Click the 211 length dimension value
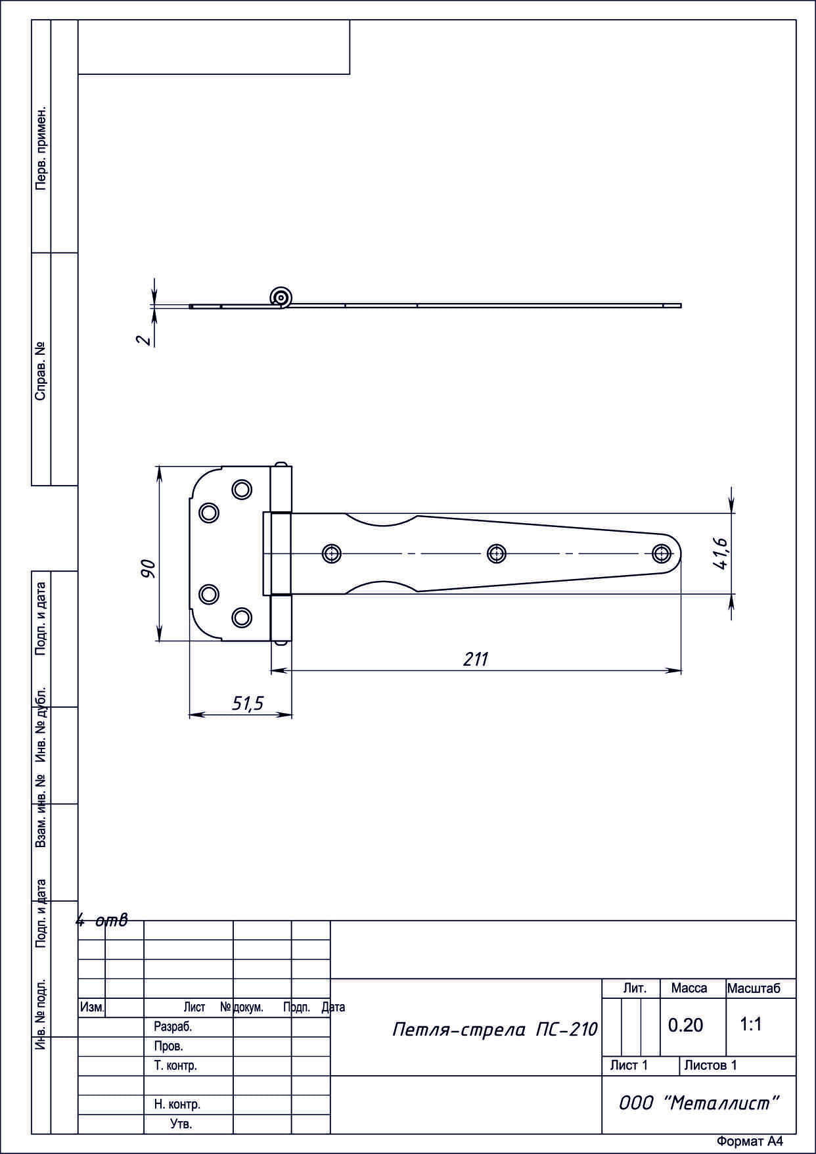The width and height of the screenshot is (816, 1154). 476,659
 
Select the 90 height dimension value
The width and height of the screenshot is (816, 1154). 148,568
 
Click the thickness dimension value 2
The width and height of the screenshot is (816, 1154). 143,340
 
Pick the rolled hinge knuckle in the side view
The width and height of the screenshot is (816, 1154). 281,298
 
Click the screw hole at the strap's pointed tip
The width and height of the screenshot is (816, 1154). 661,553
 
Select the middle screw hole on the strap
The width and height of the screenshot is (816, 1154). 497,553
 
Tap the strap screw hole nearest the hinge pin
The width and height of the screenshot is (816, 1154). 332,553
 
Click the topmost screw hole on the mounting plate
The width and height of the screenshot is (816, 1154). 241,489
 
